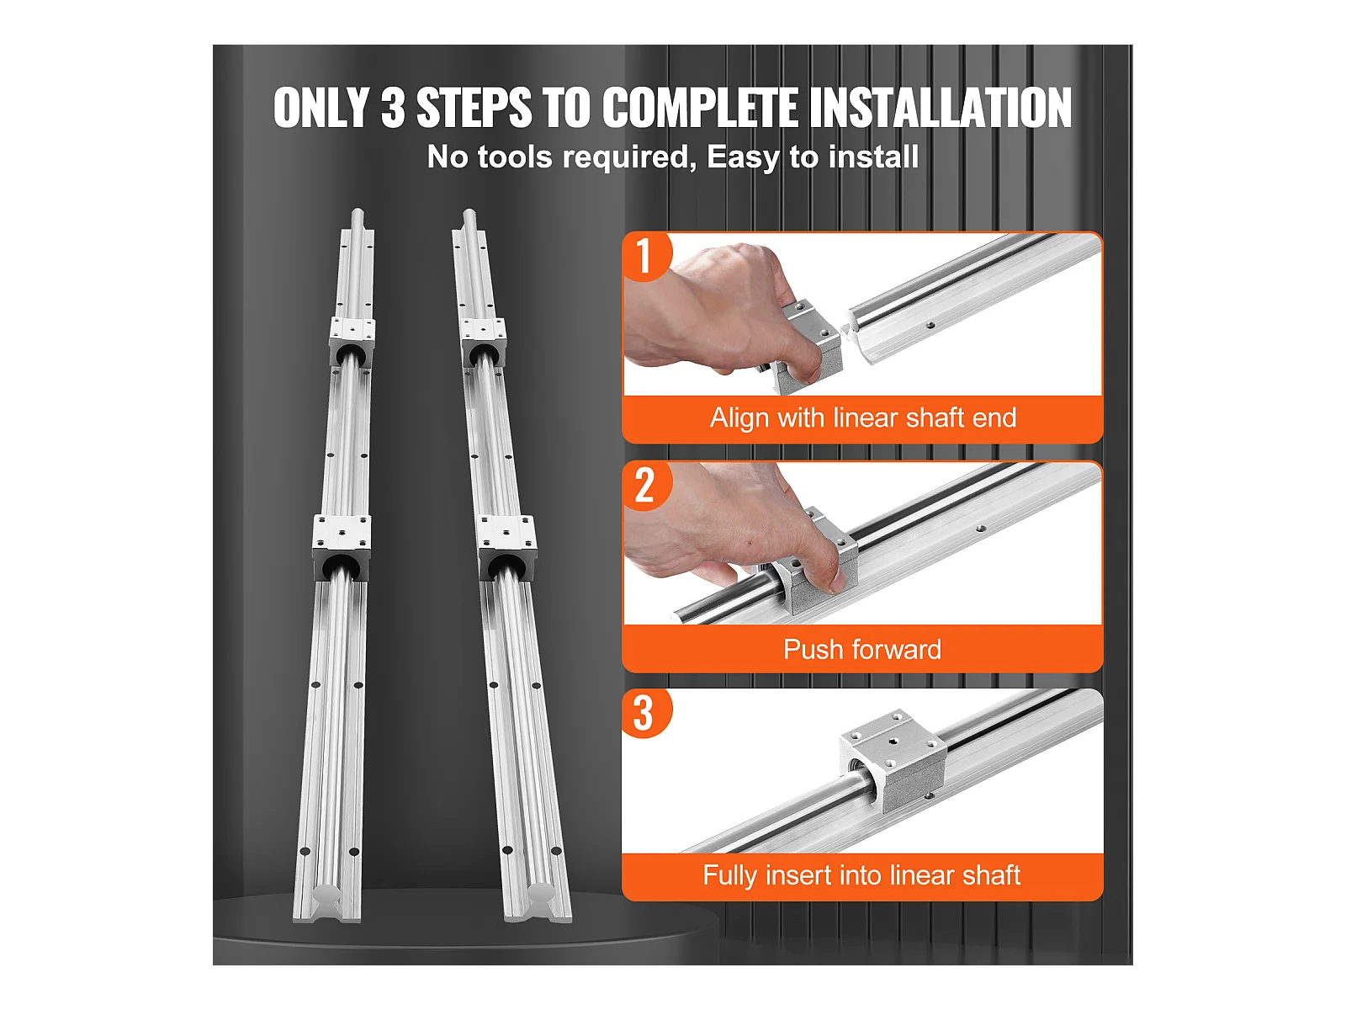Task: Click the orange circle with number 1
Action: coord(646,256)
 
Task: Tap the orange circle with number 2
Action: coord(646,486)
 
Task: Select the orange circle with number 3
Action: coord(646,713)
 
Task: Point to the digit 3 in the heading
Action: coord(393,108)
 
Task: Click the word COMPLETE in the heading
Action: coord(700,108)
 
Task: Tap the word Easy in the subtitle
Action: coord(742,158)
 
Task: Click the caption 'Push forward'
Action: coord(861,650)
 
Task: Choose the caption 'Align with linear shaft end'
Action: coord(863,418)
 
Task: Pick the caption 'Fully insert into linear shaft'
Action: coord(861,875)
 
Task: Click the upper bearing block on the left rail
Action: coord(352,342)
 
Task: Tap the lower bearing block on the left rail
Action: coord(342,547)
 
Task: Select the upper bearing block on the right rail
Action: coord(483,343)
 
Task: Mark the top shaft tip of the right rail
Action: coord(469,215)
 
